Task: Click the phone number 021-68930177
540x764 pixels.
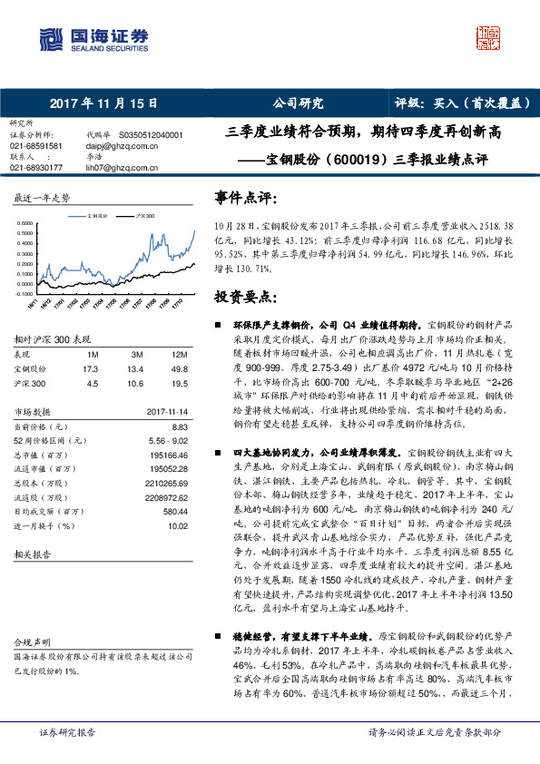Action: click(x=35, y=168)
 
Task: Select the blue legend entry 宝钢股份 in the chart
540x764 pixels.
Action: click(x=94, y=217)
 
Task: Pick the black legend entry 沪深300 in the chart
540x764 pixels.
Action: click(x=142, y=217)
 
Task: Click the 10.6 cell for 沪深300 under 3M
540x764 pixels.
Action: click(x=135, y=383)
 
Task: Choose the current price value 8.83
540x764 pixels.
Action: click(x=179, y=426)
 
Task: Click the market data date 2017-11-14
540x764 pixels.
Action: click(x=167, y=411)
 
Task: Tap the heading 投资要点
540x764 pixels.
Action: click(x=245, y=297)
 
